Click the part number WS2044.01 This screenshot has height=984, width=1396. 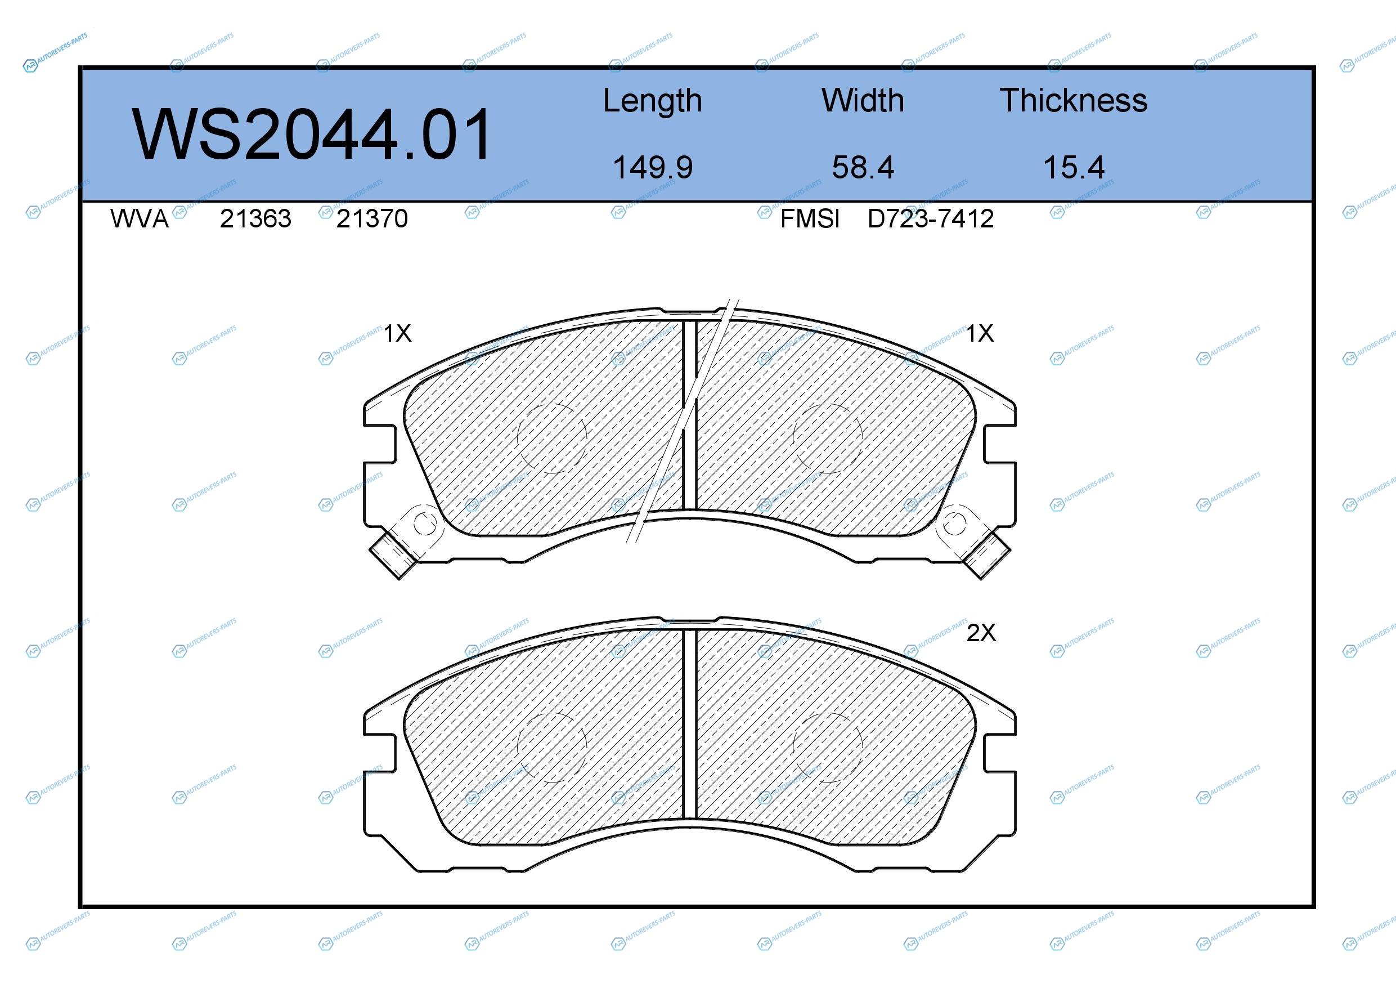[x=311, y=134]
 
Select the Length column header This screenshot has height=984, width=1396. [x=652, y=101]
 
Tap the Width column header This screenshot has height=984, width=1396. [x=863, y=100]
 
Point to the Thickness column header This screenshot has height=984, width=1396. [x=1074, y=100]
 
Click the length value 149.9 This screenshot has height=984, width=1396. [x=652, y=167]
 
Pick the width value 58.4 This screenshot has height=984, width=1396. [x=863, y=167]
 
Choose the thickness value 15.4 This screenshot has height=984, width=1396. [x=1074, y=167]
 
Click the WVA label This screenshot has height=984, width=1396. [x=139, y=218]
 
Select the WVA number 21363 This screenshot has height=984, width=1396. [x=255, y=218]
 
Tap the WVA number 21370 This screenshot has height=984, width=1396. [x=372, y=218]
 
